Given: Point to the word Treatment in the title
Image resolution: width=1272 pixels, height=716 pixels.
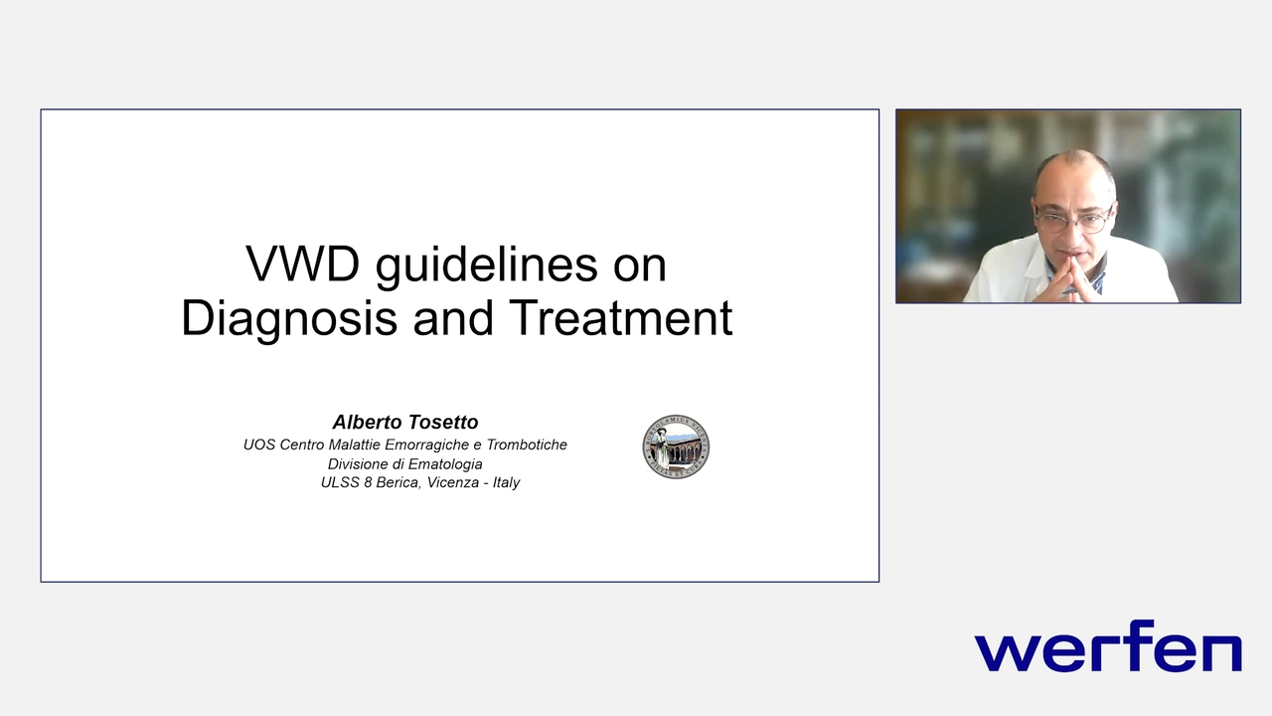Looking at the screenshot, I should [x=621, y=319].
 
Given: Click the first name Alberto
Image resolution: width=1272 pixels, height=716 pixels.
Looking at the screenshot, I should [x=365, y=423].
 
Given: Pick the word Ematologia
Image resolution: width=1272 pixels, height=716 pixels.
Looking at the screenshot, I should [x=444, y=463].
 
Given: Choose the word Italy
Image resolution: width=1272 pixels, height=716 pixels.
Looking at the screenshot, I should [x=507, y=482].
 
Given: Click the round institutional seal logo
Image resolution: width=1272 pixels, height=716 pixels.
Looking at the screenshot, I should [x=676, y=447].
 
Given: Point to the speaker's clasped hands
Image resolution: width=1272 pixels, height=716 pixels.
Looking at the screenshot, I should [x=1068, y=280].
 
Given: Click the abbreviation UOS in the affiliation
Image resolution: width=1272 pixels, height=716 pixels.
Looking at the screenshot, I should [x=258, y=445].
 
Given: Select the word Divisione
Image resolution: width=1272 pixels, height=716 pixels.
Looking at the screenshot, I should [x=359, y=463].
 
